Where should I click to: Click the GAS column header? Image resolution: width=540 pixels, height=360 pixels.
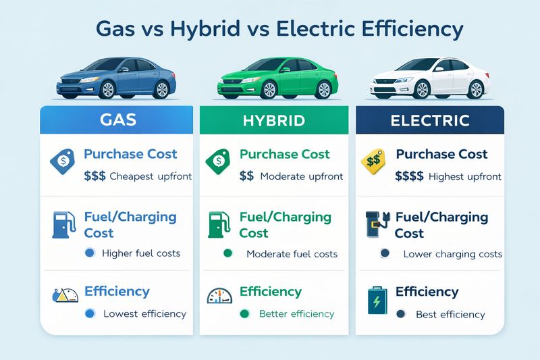[x=117, y=120]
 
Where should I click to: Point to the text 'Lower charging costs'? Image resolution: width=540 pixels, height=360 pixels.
[x=452, y=254]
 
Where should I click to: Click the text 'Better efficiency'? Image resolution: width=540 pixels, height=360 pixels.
[x=297, y=313]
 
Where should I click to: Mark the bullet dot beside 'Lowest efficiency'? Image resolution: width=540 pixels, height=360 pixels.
[x=89, y=313]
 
